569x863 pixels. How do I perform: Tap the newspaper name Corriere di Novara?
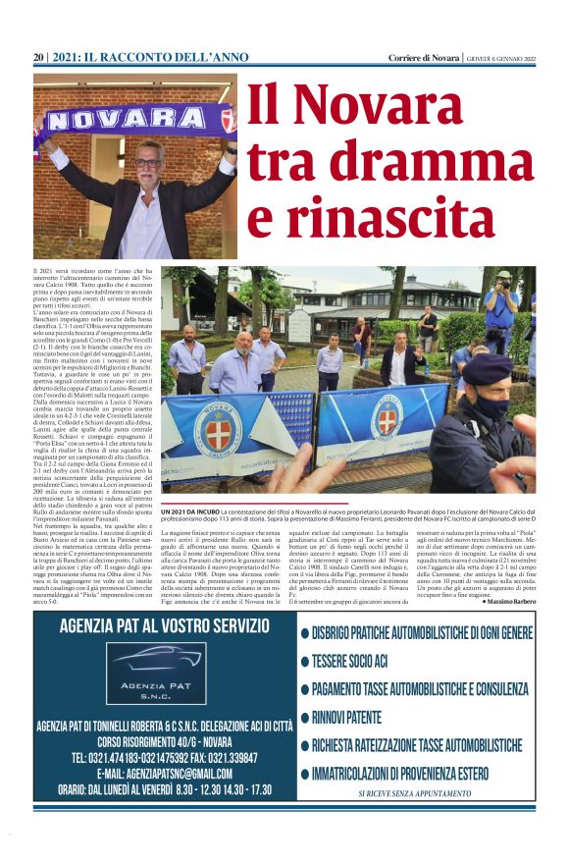[x=424, y=58]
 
